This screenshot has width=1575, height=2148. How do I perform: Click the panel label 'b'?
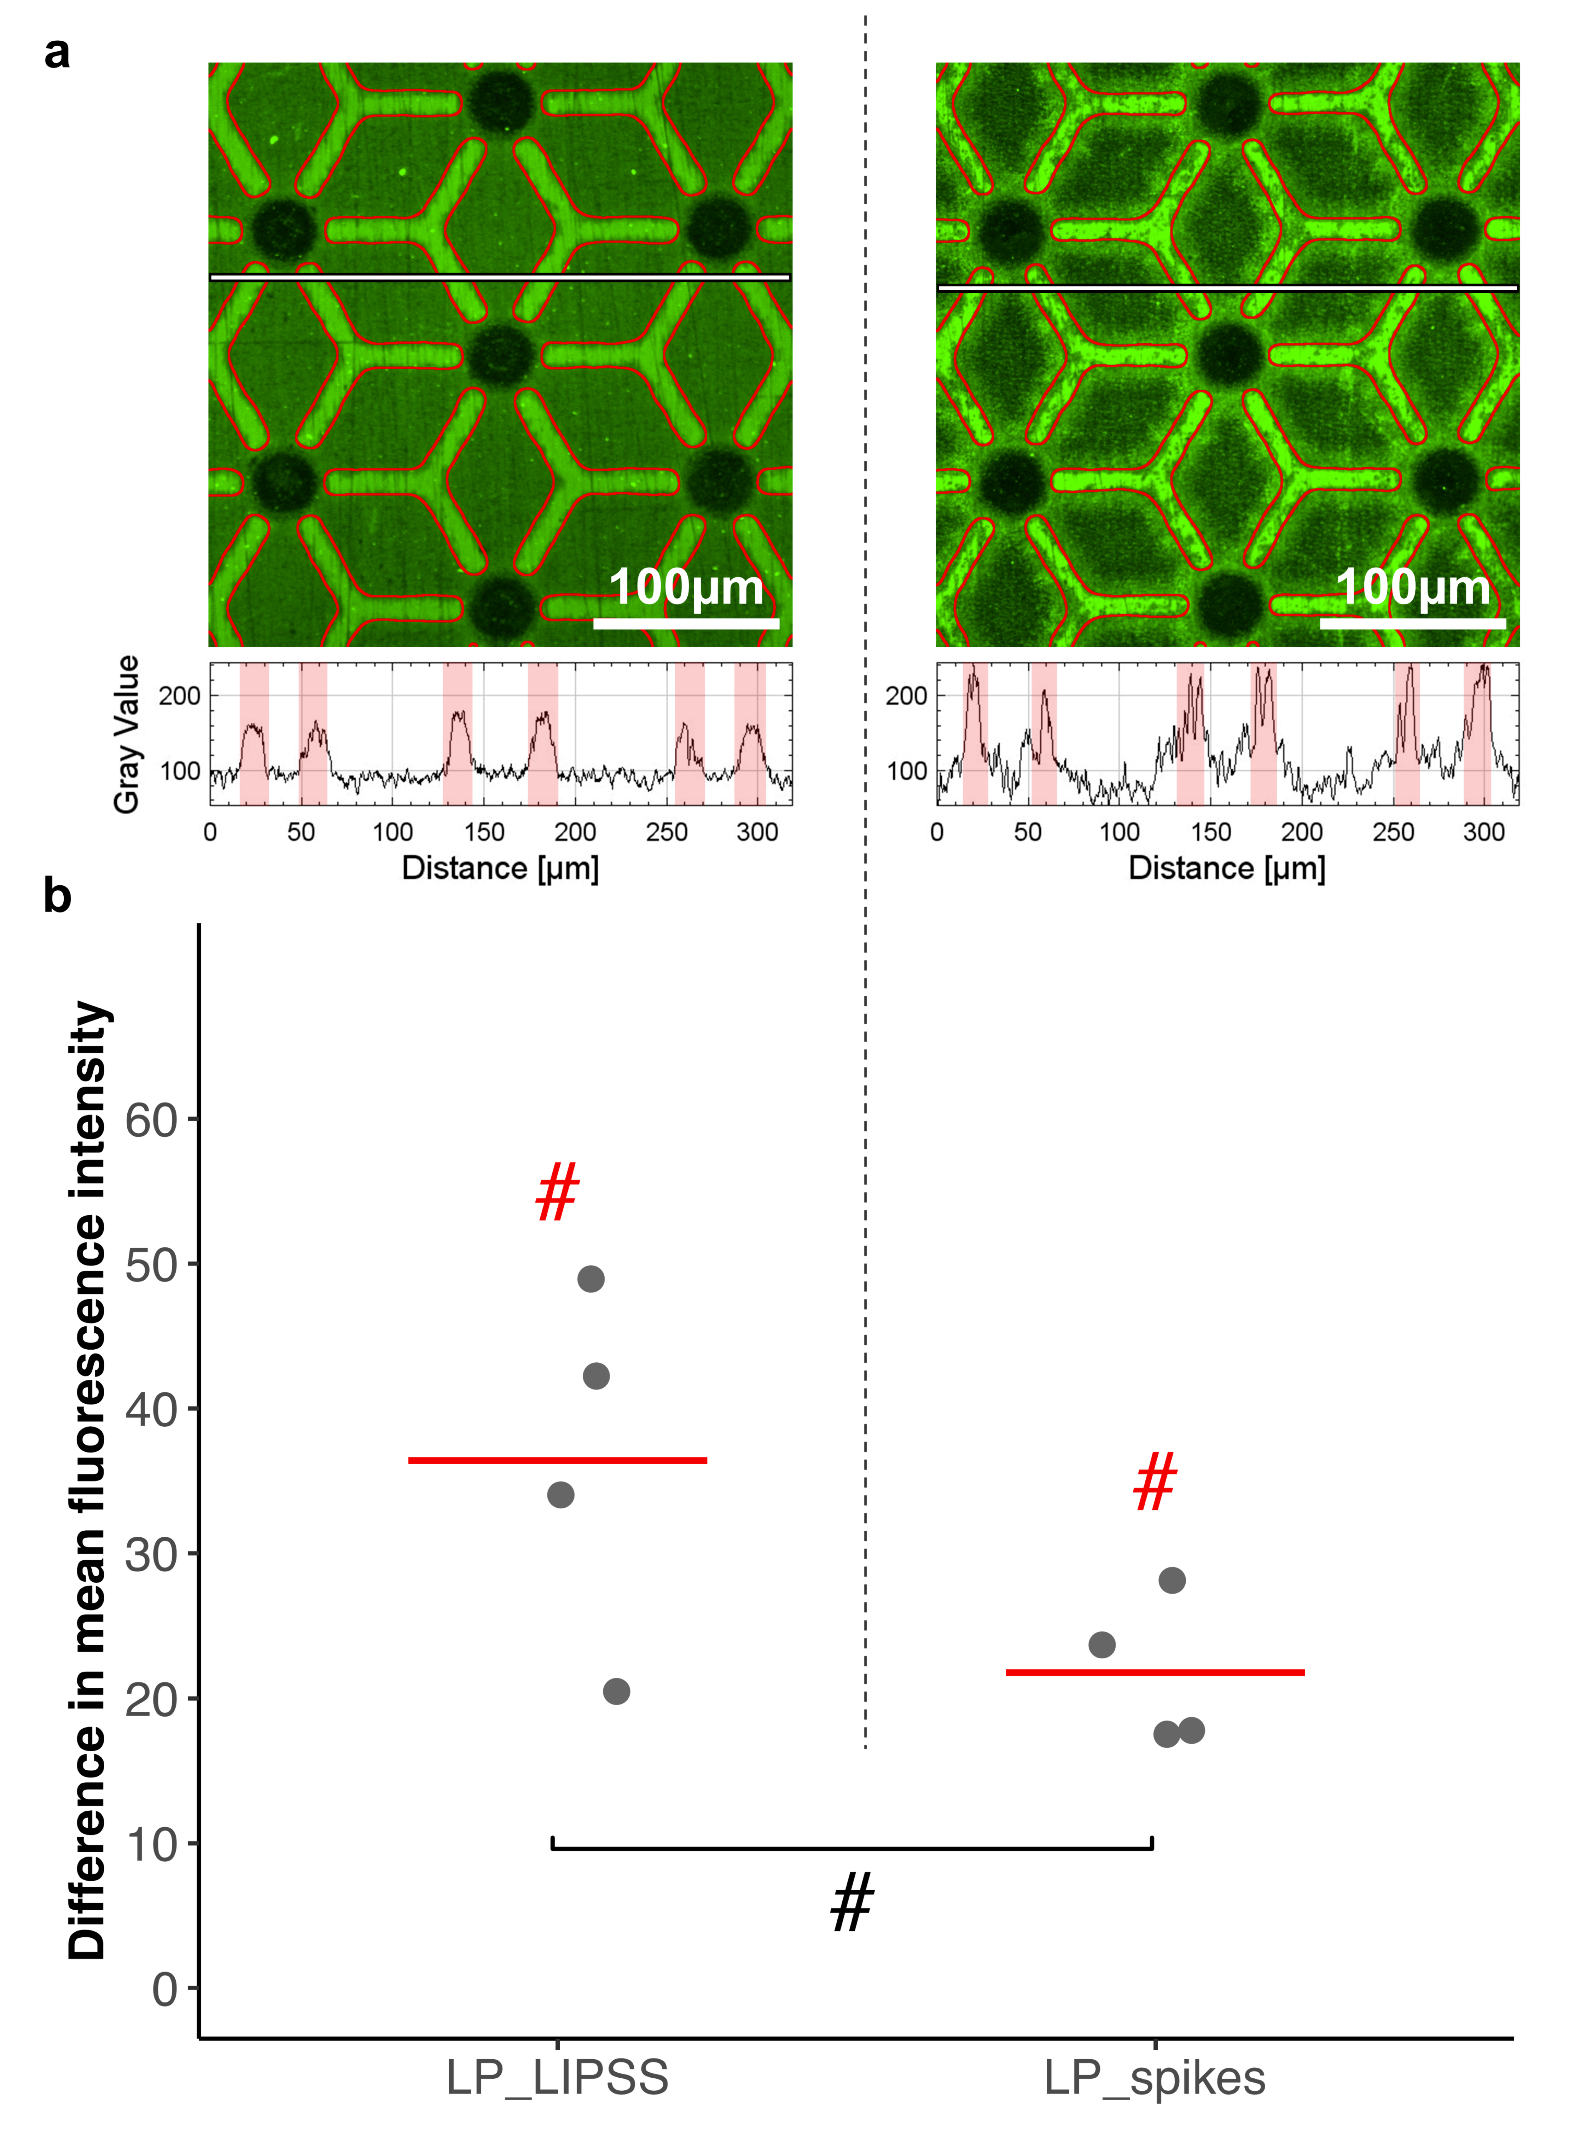tap(57, 896)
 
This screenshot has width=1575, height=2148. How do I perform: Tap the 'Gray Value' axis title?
tap(127, 734)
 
